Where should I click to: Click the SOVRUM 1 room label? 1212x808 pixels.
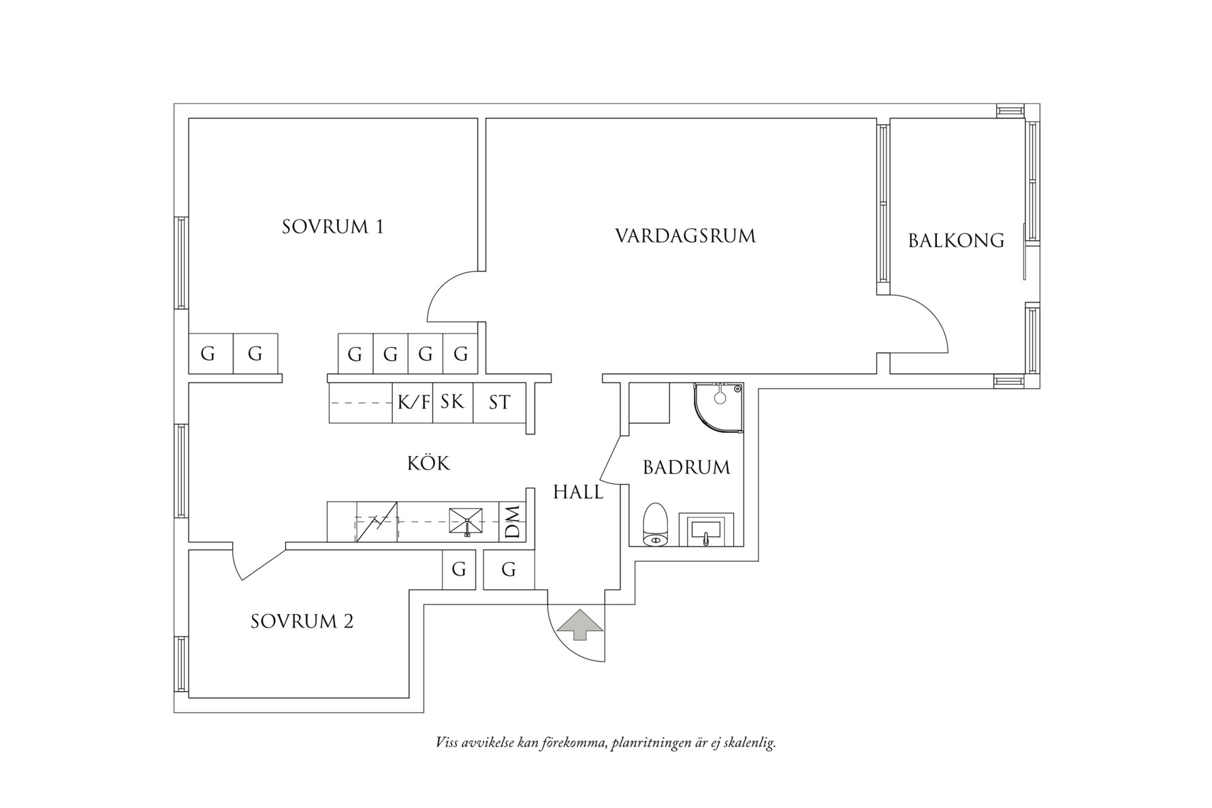(332, 227)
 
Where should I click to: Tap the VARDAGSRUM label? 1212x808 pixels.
(685, 236)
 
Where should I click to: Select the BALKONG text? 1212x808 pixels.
(956, 240)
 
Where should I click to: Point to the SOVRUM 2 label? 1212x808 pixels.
(302, 621)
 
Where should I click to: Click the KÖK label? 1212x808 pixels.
(428, 464)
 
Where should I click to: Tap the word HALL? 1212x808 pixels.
(577, 492)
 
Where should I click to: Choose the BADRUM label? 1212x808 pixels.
(686, 468)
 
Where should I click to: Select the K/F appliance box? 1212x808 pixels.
(413, 403)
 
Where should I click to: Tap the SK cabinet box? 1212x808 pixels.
(452, 402)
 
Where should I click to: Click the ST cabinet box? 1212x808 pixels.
(499, 403)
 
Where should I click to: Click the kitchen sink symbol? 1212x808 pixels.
(466, 521)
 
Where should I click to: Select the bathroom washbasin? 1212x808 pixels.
(706, 530)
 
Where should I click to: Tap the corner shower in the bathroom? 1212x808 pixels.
(716, 408)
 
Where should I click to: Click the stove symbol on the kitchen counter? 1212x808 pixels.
(376, 522)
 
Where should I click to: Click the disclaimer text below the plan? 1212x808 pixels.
(605, 743)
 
